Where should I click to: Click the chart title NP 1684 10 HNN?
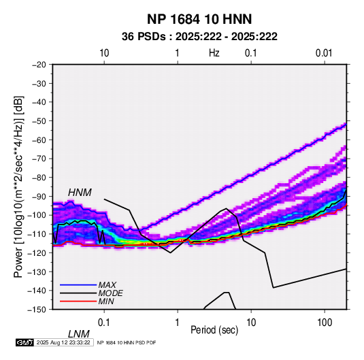[x=199, y=19]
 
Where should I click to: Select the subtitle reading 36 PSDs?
[x=144, y=37]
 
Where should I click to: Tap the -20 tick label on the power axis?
[x=39, y=65]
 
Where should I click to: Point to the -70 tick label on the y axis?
[x=39, y=159]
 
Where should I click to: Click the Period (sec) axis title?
[x=214, y=330]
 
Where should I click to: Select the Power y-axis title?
[x=18, y=186]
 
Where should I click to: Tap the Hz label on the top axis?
[x=214, y=53]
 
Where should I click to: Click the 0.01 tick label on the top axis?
[x=324, y=53]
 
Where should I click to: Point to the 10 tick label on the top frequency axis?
[x=104, y=53]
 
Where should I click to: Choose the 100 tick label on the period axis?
[x=325, y=323]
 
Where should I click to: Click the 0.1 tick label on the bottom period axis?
[x=104, y=323]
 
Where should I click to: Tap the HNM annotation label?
[x=80, y=193]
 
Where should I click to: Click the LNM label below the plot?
[x=79, y=334]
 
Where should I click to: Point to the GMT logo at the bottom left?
[x=24, y=342]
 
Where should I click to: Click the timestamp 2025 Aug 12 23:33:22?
[x=63, y=342]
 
